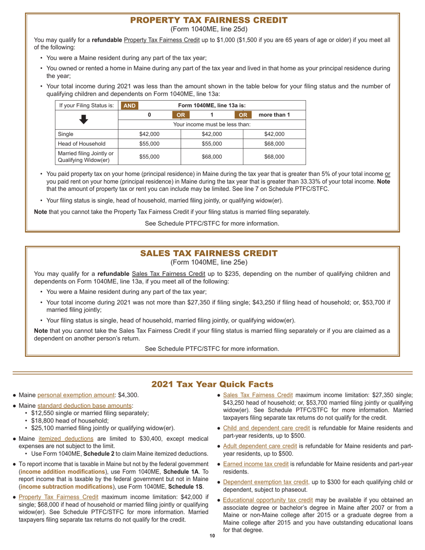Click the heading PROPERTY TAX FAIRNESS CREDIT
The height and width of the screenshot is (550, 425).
(209, 21)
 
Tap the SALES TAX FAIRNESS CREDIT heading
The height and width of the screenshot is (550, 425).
(209, 254)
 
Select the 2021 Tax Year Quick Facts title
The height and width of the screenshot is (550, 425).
(212, 385)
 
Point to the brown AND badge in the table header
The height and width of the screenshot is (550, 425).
(129, 106)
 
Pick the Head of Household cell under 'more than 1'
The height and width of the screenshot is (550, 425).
(274, 144)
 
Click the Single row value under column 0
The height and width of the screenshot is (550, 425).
(149, 134)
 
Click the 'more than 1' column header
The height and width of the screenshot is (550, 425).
(275, 115)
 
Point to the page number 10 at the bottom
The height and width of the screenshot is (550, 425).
(212, 536)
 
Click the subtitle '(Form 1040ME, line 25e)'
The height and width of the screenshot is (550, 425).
(209, 262)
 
